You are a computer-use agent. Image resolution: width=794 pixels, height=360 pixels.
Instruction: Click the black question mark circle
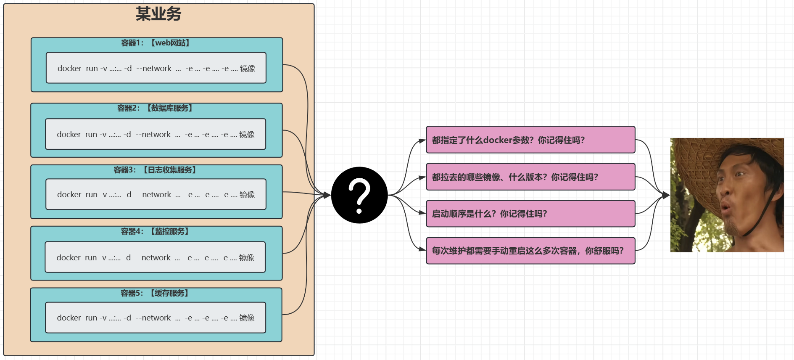(x=359, y=195)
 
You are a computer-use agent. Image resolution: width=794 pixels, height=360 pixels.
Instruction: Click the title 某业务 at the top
(x=158, y=14)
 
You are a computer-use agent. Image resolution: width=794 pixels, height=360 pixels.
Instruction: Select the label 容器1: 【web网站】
(x=156, y=43)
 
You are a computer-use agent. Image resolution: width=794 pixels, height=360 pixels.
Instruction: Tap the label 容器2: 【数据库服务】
(x=156, y=108)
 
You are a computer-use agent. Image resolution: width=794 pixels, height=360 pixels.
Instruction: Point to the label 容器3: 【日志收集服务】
(x=156, y=170)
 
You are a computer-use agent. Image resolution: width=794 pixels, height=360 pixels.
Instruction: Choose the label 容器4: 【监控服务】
(x=156, y=231)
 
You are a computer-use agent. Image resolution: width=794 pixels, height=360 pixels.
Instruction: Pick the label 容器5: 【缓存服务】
(x=155, y=293)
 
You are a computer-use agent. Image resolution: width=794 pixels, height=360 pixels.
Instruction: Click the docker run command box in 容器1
(x=156, y=68)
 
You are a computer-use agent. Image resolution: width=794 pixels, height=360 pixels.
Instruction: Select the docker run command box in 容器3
(x=156, y=194)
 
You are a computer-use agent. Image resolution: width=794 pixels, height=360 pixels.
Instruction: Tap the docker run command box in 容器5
(x=156, y=318)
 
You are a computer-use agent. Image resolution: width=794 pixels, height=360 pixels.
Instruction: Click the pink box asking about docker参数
(x=530, y=140)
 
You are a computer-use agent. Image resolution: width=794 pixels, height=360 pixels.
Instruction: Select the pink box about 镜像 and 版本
(x=530, y=177)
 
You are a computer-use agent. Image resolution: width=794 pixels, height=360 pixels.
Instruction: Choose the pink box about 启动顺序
(x=530, y=214)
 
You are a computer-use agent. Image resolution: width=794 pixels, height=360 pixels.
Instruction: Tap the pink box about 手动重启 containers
(x=530, y=251)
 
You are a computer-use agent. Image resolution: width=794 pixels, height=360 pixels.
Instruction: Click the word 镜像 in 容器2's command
(x=247, y=135)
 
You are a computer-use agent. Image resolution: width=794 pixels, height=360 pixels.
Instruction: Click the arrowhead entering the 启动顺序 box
(x=422, y=213)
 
